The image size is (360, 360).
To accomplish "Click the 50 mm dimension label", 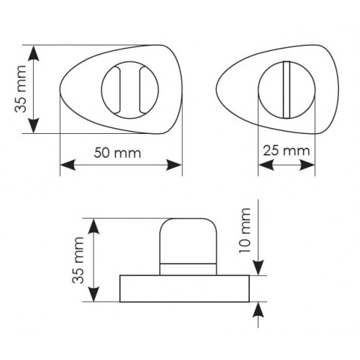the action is click(117, 153).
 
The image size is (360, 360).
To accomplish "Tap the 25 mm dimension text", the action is click(287, 150).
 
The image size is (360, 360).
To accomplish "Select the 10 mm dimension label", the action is click(245, 230).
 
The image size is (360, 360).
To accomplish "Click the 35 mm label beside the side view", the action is click(78, 260).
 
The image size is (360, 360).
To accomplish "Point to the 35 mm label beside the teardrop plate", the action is click(20, 89).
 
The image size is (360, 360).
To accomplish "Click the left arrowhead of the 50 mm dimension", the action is click(68, 165).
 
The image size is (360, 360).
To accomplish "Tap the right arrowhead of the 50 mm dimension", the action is click(174, 165).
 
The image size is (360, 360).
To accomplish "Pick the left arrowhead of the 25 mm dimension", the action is click(266, 165).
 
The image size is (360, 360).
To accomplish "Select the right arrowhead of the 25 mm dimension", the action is click(307, 165).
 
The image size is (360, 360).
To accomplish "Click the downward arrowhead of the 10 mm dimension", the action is click(258, 268).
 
